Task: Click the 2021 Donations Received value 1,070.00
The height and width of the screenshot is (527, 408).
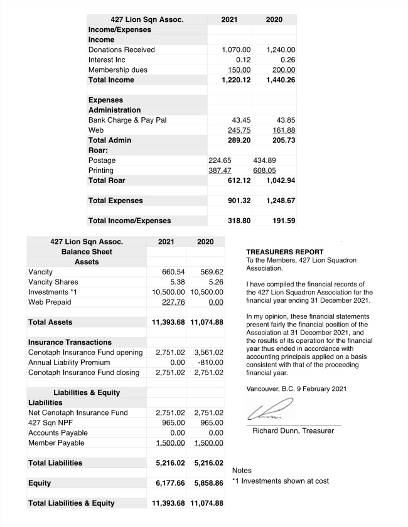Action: click(236, 50)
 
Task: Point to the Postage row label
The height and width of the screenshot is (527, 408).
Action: click(102, 160)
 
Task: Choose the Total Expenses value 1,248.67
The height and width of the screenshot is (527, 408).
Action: click(277, 201)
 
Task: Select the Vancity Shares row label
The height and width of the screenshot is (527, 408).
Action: click(53, 282)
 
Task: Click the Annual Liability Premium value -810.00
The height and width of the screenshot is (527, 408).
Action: click(208, 362)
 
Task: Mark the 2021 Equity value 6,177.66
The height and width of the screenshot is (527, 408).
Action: click(168, 483)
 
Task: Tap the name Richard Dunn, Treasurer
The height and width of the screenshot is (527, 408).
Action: click(293, 431)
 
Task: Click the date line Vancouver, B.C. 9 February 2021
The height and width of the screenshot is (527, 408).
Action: click(296, 389)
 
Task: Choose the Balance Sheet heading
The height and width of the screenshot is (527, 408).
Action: click(87, 251)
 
